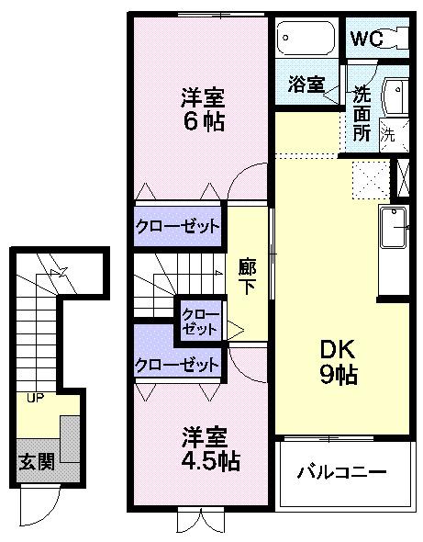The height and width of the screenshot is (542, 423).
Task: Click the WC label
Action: click(365, 40)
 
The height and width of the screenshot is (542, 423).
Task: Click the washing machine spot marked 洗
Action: click(388, 132)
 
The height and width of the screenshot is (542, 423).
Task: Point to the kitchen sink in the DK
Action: click(395, 224)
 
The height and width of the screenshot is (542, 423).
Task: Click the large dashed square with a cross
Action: click(369, 176)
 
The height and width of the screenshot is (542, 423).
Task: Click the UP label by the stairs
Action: click(35, 398)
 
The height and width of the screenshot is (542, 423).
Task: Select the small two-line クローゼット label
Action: click(200, 320)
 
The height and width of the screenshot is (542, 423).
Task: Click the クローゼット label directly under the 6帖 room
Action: click(178, 226)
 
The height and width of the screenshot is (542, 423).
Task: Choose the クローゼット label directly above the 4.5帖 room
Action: click(178, 365)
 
